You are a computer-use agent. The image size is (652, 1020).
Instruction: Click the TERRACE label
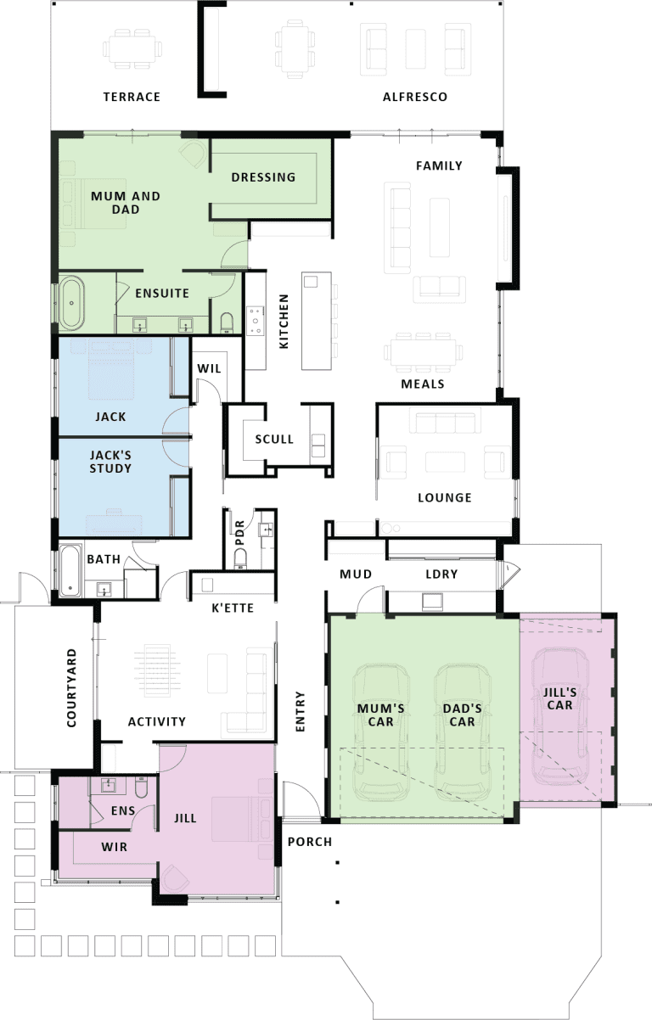[132, 97]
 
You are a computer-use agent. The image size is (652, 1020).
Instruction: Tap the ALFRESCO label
[415, 97]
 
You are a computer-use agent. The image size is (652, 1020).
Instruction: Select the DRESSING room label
[263, 177]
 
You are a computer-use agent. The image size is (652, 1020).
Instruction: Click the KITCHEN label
[284, 321]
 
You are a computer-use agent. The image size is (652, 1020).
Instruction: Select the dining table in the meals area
[423, 353]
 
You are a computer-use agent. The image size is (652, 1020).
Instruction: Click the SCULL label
[274, 439]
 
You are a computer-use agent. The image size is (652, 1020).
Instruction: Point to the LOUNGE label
[445, 498]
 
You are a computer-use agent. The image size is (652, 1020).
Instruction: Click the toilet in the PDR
[239, 558]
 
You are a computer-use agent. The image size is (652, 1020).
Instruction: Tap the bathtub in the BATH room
[70, 571]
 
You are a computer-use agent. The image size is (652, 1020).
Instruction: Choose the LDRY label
[441, 574]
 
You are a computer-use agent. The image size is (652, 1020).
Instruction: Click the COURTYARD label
[72, 688]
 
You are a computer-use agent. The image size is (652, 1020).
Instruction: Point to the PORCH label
[310, 842]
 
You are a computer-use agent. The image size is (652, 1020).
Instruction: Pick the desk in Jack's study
[114, 522]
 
